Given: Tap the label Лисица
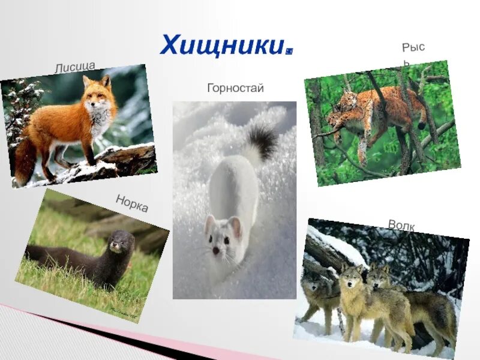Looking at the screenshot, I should coord(75,66).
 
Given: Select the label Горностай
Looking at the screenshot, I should coord(235,88).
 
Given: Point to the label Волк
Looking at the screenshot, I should coord(401,225).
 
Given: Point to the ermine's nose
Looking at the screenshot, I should coord(215,250).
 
